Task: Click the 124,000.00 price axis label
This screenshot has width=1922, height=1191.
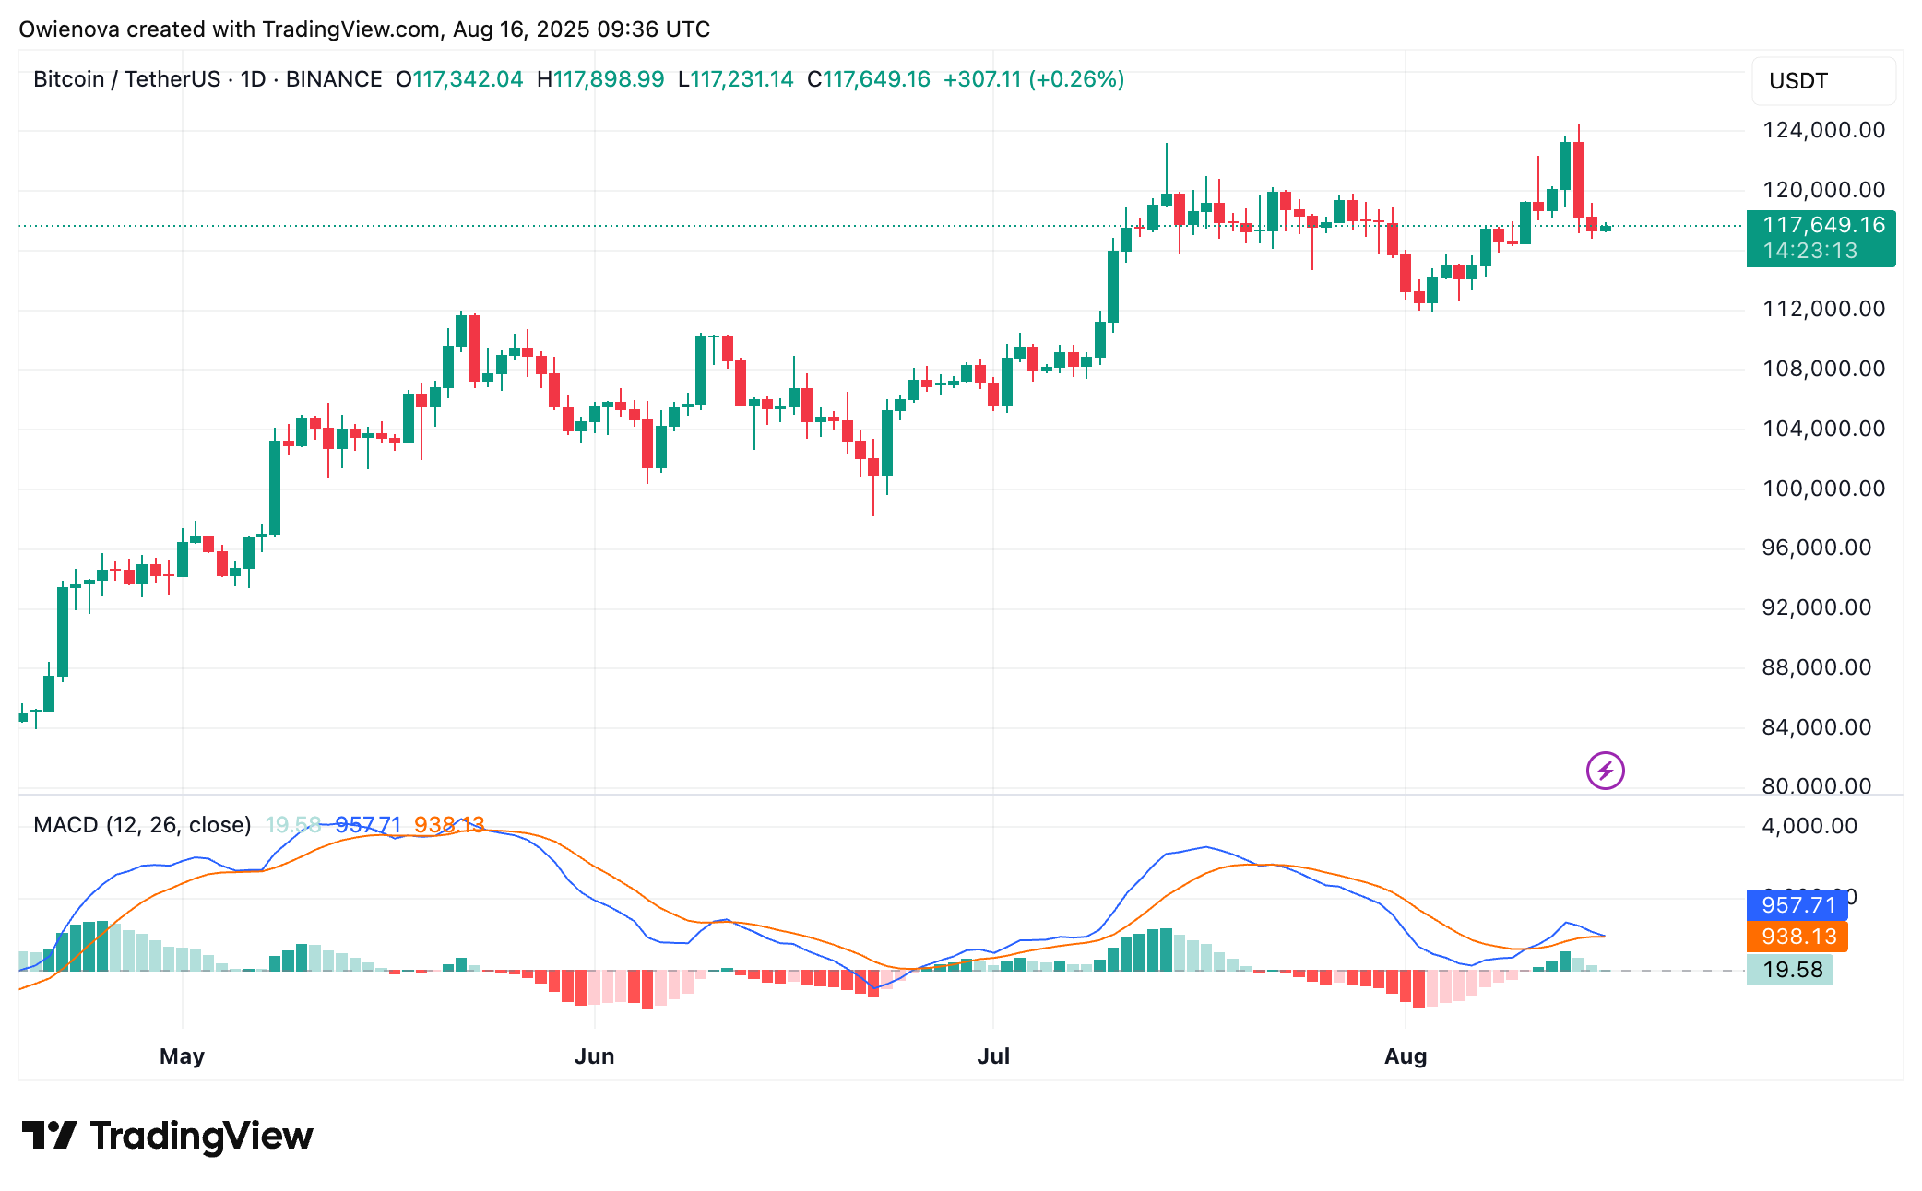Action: [1823, 130]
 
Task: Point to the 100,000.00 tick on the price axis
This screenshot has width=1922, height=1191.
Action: [1823, 489]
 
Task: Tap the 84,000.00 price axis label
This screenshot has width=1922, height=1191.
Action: [1816, 727]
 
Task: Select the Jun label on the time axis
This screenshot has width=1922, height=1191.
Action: [594, 1056]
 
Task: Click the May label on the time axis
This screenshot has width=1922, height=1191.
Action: [182, 1056]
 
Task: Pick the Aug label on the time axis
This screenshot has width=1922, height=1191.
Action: [1405, 1056]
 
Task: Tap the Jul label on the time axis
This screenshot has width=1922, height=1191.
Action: [993, 1056]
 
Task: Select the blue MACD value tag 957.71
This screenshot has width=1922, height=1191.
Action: [1797, 905]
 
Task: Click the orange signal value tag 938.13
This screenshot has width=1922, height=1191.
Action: [1797, 937]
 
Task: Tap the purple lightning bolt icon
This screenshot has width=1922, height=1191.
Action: [1605, 771]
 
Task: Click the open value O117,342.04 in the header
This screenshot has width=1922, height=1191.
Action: [459, 79]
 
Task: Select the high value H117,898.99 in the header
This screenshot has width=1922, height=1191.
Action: [600, 79]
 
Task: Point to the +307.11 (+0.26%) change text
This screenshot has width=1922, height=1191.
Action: [1033, 79]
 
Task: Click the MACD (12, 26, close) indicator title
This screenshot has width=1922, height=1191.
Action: [142, 825]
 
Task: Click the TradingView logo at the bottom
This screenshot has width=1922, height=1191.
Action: [167, 1136]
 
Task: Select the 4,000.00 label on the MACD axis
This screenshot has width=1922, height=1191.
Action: [1809, 826]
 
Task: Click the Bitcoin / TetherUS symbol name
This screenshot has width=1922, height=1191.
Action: [127, 79]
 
